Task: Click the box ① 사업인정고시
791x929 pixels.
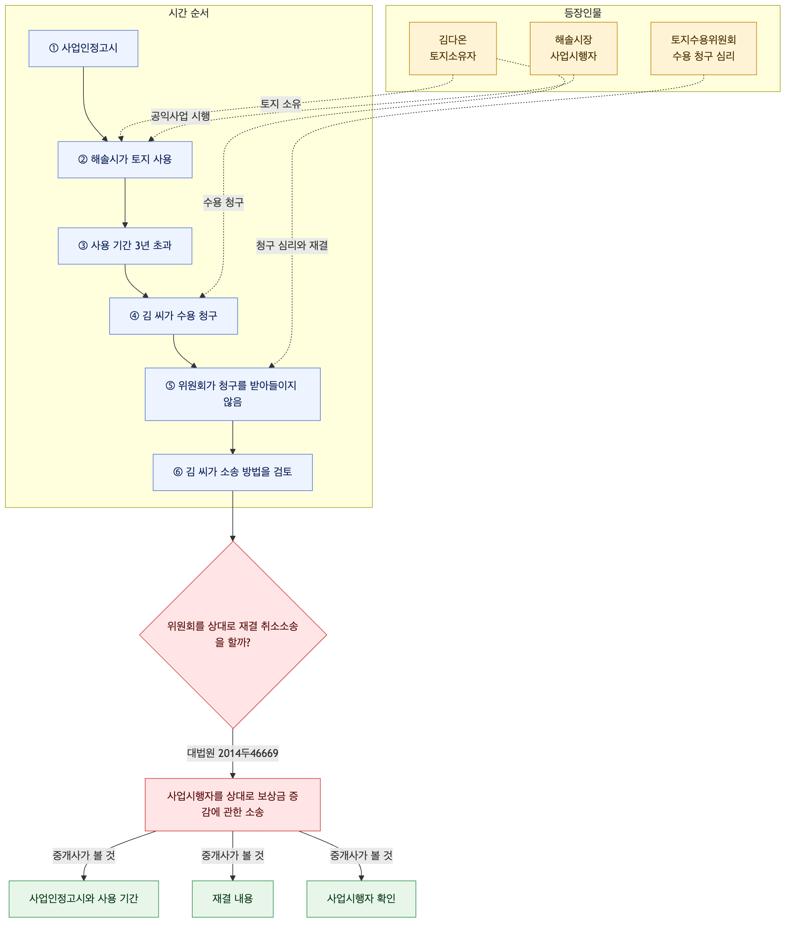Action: [83, 49]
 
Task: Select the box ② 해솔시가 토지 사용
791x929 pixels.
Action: [125, 159]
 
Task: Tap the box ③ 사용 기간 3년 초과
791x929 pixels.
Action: [125, 246]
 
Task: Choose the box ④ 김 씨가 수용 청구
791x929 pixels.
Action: [173, 316]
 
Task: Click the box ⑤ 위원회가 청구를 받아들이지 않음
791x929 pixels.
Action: [233, 394]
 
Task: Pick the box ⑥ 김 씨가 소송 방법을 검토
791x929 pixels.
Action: [233, 472]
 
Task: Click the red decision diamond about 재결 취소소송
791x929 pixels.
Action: [233, 635]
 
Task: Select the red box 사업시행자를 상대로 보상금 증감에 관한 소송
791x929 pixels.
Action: [233, 804]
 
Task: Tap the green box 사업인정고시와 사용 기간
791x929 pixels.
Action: [84, 899]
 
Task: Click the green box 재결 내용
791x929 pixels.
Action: [233, 899]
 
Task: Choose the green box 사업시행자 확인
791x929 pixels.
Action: [361, 899]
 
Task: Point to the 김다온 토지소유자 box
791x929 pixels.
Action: [452, 49]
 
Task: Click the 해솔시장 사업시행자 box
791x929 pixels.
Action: [574, 49]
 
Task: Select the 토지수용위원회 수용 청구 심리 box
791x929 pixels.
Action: [703, 49]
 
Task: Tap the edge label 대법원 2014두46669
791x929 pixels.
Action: [233, 753]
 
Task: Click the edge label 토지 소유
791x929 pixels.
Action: [281, 104]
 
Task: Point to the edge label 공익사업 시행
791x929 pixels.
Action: [180, 116]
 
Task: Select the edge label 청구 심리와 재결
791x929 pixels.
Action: [292, 246]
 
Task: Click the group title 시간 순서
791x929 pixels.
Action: [189, 13]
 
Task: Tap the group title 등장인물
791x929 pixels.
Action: [583, 13]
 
